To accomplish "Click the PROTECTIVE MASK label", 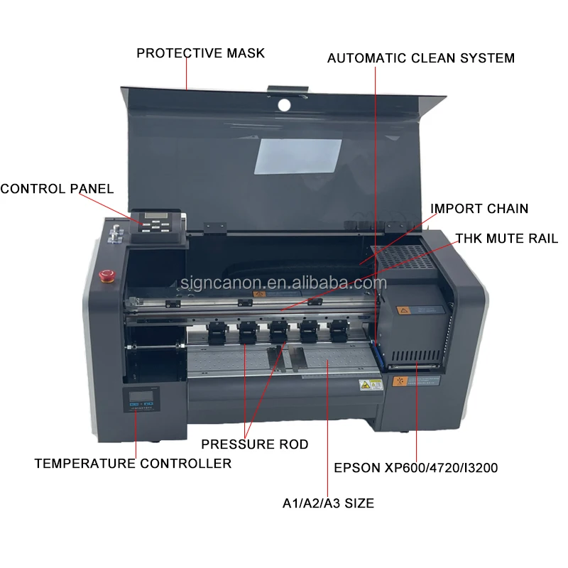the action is pyautogui.click(x=200, y=53).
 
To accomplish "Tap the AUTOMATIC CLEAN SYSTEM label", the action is pyautogui.click(x=420, y=58).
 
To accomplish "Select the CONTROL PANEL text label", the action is pyautogui.click(x=57, y=189).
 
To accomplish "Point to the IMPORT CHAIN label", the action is pyautogui.click(x=479, y=209).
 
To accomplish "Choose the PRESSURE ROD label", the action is pyautogui.click(x=254, y=444).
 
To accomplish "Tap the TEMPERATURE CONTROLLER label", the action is pyautogui.click(x=133, y=464).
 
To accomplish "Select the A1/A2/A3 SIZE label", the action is pyautogui.click(x=327, y=503).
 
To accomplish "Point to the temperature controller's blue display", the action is pyautogui.click(x=139, y=402).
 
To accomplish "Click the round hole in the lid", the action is pyautogui.click(x=284, y=105).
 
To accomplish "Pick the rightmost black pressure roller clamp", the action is pyautogui.click(x=338, y=330).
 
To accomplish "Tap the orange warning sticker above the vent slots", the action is pyautogui.click(x=400, y=381).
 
